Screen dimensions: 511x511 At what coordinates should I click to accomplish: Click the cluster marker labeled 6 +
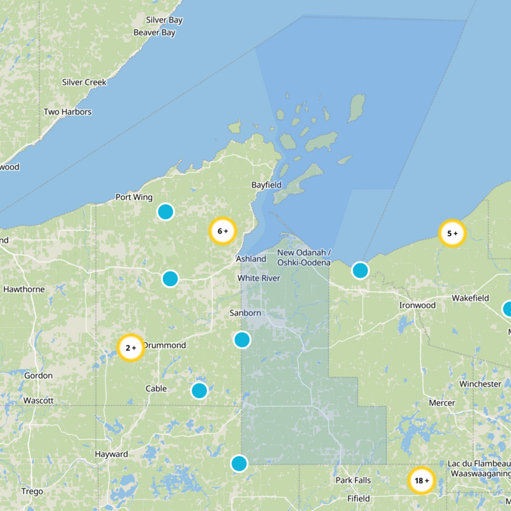223,231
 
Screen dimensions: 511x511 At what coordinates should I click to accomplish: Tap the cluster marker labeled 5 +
453,233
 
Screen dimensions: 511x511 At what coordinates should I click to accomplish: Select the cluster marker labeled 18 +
422,480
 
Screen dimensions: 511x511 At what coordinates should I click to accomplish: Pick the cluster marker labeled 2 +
131,348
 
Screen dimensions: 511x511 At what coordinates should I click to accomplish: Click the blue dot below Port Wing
165,211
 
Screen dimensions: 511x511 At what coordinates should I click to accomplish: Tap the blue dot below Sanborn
241,339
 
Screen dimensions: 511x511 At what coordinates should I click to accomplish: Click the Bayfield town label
266,185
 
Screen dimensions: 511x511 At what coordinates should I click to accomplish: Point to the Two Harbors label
67,112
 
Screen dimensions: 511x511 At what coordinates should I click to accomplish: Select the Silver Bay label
164,20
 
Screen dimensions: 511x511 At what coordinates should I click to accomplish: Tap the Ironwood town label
417,305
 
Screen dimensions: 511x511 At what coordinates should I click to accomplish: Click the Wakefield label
470,298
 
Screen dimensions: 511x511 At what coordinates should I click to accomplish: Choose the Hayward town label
111,454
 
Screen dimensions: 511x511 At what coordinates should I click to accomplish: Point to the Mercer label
441,403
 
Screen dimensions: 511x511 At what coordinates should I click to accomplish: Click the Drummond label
164,346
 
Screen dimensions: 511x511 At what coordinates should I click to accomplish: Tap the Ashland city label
251,259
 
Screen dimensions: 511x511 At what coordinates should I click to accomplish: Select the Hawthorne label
24,289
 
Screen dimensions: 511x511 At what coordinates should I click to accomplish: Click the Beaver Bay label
155,33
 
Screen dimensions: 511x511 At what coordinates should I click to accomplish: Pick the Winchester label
480,384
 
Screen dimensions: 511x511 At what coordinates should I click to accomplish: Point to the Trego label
32,491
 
